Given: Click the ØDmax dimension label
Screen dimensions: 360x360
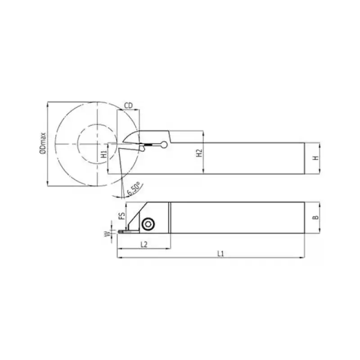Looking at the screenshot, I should point(42,143).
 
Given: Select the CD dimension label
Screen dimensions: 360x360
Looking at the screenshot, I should point(128,105).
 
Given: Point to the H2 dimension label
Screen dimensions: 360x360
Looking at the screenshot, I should point(199,153).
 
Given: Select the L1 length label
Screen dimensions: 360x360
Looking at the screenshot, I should point(220,254).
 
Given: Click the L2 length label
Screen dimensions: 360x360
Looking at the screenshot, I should point(144,244).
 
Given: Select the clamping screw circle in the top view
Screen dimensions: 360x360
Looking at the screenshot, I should point(147,224).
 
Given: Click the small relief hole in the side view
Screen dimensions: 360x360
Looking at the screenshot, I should point(165,144).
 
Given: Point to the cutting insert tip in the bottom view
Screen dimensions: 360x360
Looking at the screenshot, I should point(121,231).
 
